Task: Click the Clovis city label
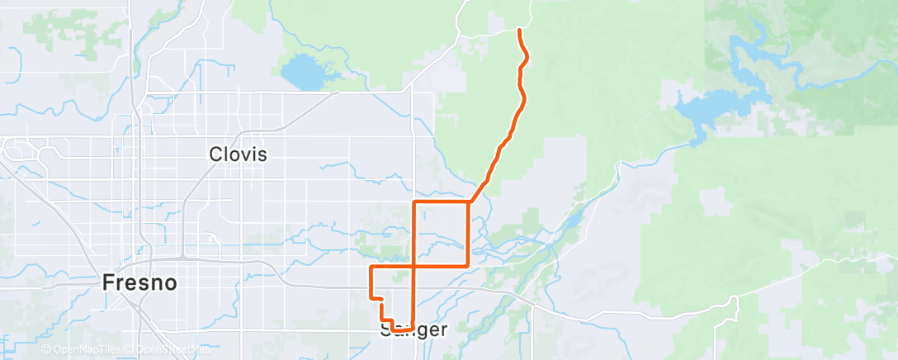[238, 154]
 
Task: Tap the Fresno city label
[139, 282]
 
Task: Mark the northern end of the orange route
[519, 30]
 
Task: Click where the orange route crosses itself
[413, 266]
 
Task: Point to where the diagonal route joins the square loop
[469, 201]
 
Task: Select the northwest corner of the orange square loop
[413, 201]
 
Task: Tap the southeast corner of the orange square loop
[469, 265]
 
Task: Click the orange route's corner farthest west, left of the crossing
[371, 268]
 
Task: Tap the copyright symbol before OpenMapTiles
[45, 350]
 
